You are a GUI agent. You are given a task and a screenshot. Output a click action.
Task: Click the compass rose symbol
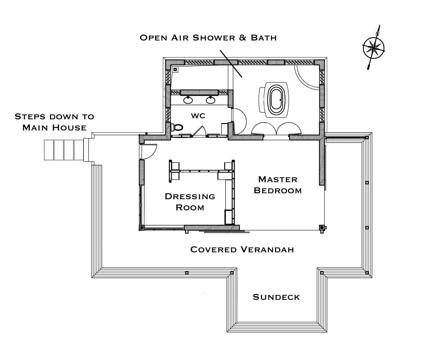[373, 48]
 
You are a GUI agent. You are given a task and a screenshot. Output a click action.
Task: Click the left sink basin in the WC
[188, 100]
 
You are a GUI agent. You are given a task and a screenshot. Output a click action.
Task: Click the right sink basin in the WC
[210, 100]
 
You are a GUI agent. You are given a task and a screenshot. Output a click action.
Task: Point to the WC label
[198, 116]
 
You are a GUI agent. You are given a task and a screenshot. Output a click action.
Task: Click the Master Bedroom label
[278, 185]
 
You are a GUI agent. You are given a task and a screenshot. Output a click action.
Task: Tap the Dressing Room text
[190, 202]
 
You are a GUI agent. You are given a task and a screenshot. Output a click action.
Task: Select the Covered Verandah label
[242, 249]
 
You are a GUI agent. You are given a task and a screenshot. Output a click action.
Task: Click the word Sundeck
[276, 297]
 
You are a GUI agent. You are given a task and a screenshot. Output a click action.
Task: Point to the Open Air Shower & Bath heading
[208, 38]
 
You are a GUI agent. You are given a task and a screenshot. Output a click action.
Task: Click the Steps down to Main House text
[54, 122]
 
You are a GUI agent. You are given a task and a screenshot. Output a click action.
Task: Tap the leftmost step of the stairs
[49, 150]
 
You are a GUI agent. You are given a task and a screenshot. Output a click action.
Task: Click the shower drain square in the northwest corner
[175, 69]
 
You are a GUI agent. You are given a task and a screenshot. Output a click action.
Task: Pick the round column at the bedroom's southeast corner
[322, 228]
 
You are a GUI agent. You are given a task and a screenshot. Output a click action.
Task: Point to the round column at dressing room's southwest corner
[141, 228]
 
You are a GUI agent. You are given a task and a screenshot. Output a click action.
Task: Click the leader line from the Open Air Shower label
[231, 63]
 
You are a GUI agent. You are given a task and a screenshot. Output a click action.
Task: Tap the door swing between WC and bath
[239, 121]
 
